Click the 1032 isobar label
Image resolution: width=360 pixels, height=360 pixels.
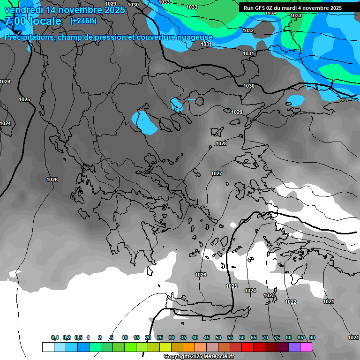tap(248, 30)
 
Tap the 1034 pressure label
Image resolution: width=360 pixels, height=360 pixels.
tap(270, 13)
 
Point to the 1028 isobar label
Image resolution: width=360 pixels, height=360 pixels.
tap(221, 143)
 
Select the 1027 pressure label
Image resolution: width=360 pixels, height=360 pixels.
tap(216, 173)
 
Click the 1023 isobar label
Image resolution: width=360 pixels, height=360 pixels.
tap(269, 295)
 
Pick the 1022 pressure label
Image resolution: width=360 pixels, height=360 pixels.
tap(291, 302)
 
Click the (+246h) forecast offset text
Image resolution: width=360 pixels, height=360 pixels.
tap(83, 21)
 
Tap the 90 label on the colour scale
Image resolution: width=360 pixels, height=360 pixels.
tap(312, 337)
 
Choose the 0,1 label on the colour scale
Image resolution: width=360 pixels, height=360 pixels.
tap(55, 337)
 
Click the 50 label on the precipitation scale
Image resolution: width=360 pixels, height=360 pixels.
tap(218, 337)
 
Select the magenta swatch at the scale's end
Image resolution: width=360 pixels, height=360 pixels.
tap(306, 347)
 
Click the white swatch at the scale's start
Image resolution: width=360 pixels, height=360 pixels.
tap(48, 347)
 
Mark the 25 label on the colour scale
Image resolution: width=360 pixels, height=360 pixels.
tap(160, 337)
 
